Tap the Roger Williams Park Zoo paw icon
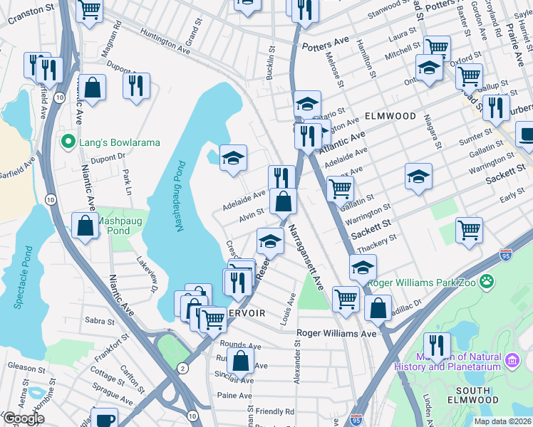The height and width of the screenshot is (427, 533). [487, 282]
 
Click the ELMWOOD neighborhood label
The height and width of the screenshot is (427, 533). [389, 115]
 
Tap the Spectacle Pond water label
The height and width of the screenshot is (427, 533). [21, 278]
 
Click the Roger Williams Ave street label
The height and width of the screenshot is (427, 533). [336, 333]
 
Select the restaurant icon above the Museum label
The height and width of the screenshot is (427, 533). [437, 346]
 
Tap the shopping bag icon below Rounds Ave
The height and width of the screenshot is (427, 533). [241, 360]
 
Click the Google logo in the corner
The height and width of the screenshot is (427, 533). [24, 418]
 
